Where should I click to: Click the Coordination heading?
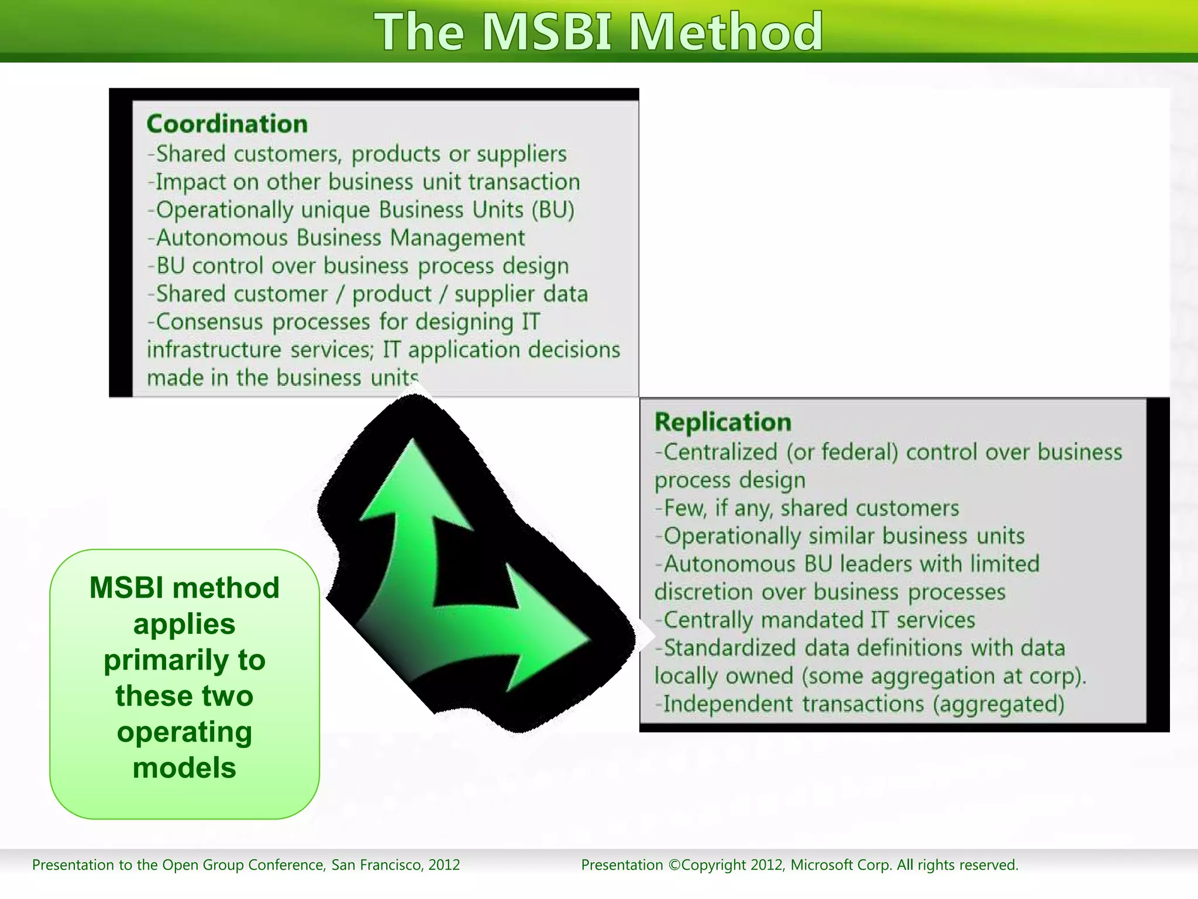pos(227,124)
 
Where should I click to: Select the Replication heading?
pos(722,422)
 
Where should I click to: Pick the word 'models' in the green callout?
pos(184,768)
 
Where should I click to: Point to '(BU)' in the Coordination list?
pos(553,210)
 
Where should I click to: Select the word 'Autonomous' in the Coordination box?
pos(222,238)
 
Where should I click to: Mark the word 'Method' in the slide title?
pos(725,32)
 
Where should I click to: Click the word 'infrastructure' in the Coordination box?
pos(214,350)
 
